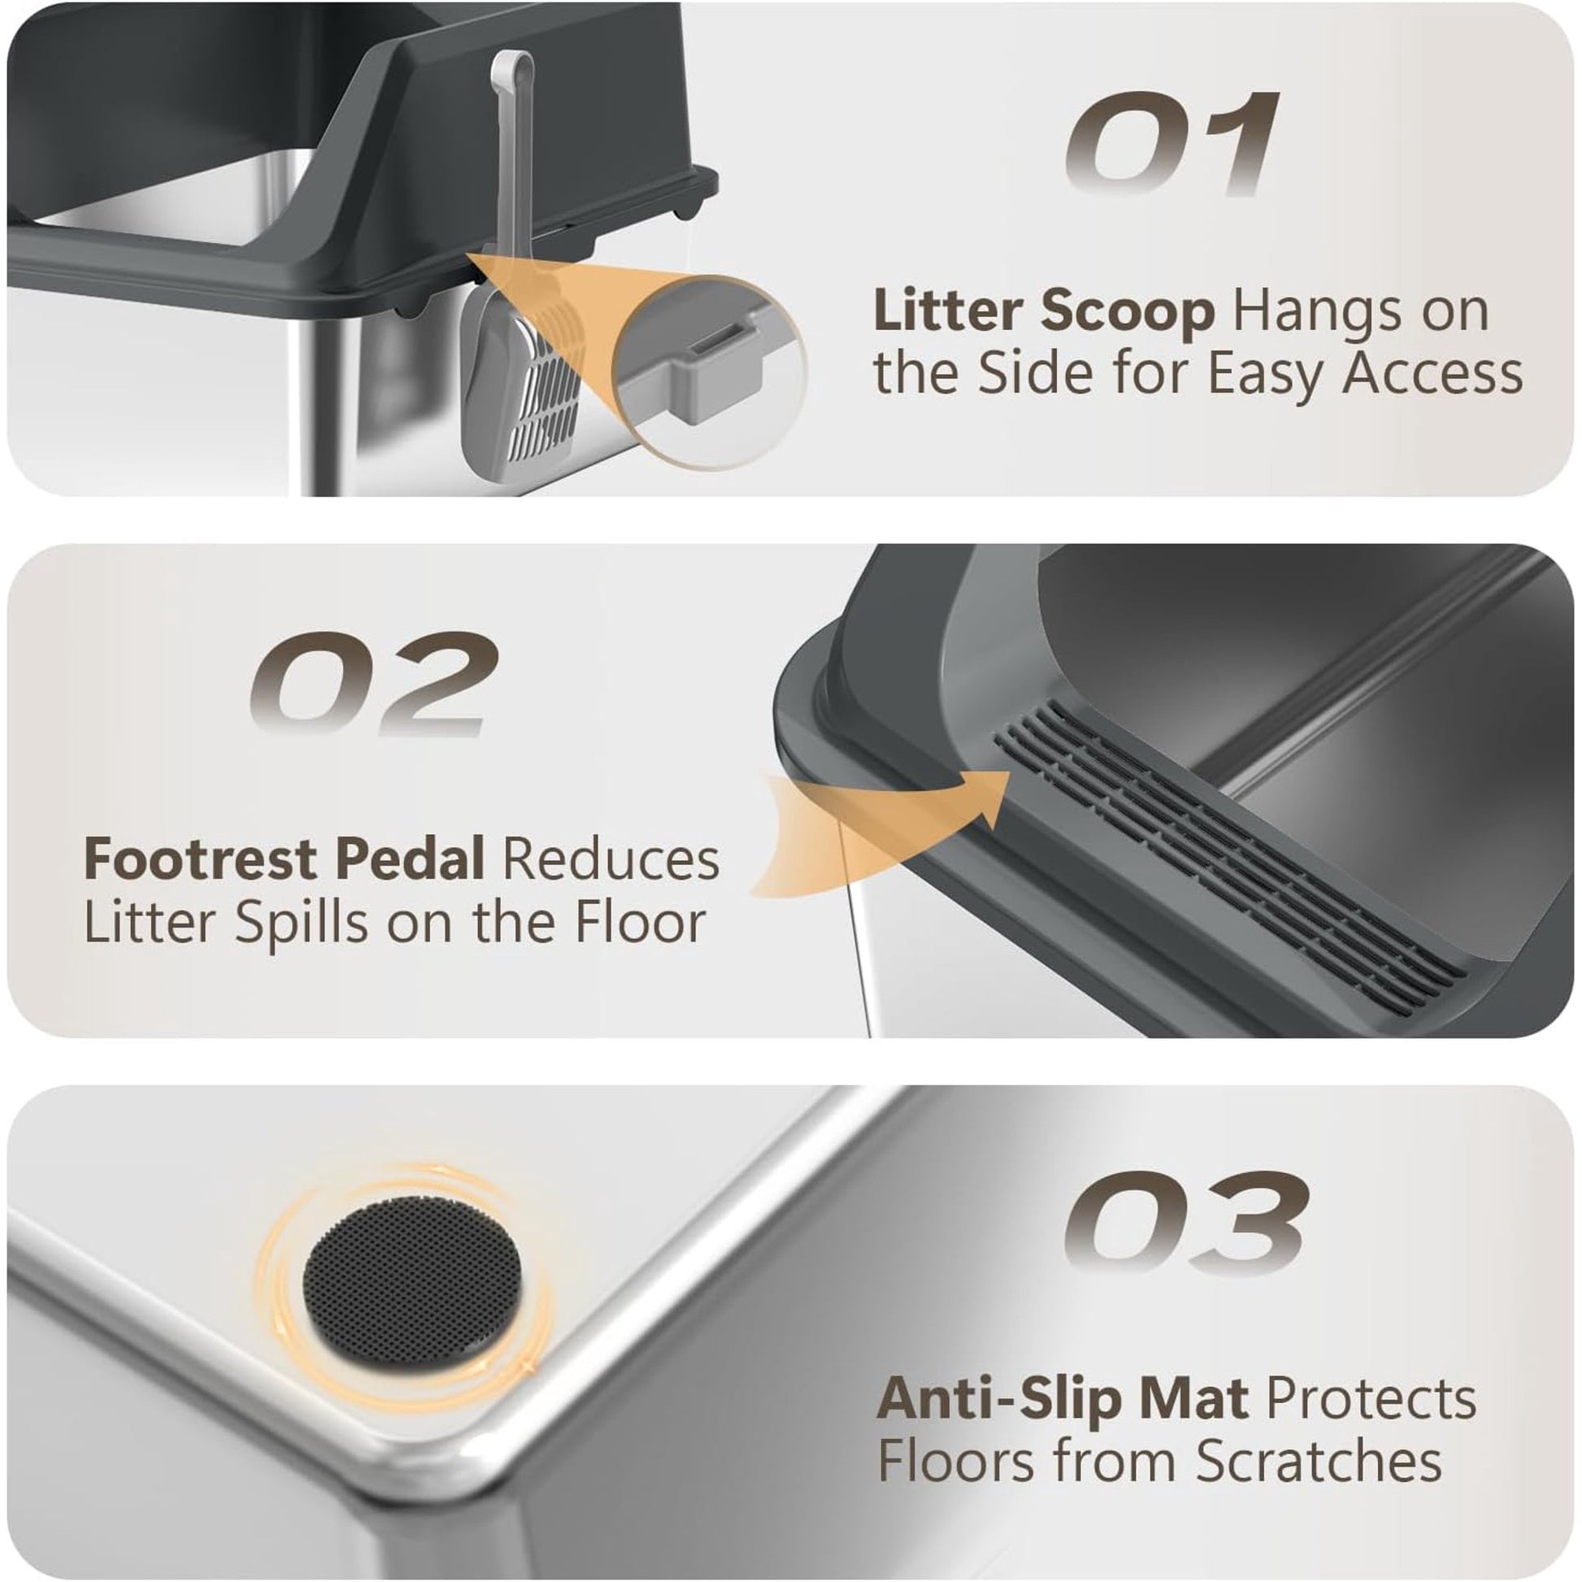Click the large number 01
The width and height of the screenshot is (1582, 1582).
[1171, 144]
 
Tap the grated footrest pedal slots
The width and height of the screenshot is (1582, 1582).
[1228, 852]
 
